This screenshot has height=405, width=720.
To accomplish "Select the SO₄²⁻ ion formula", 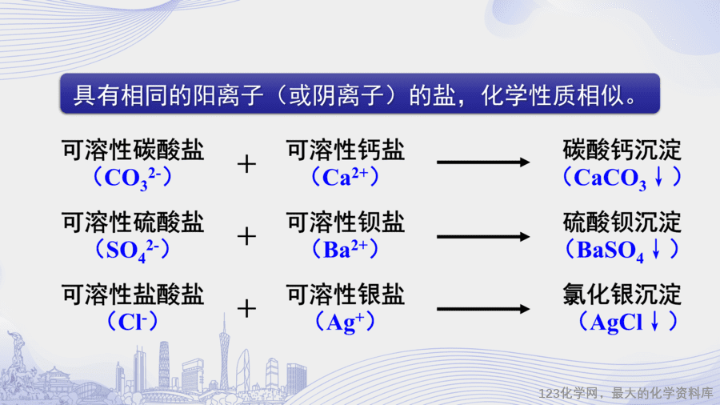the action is pyautogui.click(x=133, y=251).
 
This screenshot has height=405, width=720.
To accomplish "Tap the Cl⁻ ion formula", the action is pyautogui.click(x=133, y=322).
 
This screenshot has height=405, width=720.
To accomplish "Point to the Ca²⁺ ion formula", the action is pyautogui.click(x=346, y=177).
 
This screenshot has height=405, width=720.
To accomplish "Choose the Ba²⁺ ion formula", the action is pyautogui.click(x=346, y=250).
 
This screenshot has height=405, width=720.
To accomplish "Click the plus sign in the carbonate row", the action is pyautogui.click(x=246, y=164).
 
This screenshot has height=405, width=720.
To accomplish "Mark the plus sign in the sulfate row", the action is pyautogui.click(x=246, y=236).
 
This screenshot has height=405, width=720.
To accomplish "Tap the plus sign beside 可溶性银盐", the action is pyautogui.click(x=246, y=309).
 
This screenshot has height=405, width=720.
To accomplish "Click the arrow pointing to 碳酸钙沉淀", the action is pyautogui.click(x=483, y=162).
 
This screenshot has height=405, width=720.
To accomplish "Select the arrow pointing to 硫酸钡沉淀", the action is pyautogui.click(x=483, y=237).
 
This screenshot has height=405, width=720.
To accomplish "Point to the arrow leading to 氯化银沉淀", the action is pyautogui.click(x=483, y=309).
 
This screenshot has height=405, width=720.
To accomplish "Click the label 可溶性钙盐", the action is pyautogui.click(x=346, y=150).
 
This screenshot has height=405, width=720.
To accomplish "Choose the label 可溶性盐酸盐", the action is pyautogui.click(x=133, y=295).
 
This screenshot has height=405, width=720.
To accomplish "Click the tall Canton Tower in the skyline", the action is pyautogui.click(x=224, y=354).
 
